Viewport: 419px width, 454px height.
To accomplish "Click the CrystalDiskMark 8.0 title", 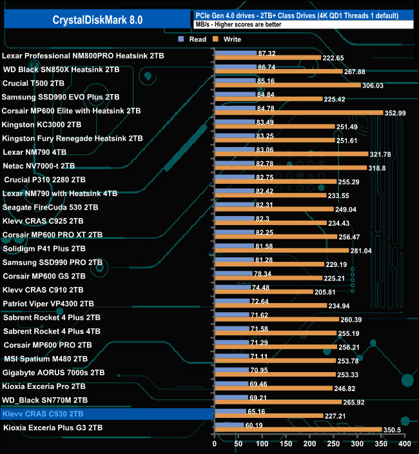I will point(98,20).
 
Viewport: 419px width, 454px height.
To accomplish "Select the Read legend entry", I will point(193,39).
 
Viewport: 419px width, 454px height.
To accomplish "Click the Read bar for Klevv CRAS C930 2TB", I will point(229,411).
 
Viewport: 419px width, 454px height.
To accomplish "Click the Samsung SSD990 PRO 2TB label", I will point(52,262).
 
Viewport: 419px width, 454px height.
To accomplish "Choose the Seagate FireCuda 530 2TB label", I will point(50,207).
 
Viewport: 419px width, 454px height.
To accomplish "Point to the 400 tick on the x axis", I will point(404,444).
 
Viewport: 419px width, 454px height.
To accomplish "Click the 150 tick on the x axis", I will point(286,444).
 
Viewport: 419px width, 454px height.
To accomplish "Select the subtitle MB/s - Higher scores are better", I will point(239,25).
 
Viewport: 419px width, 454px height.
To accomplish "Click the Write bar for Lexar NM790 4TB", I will point(290,154).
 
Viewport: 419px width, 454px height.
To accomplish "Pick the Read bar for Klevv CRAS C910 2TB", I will point(232,287).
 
